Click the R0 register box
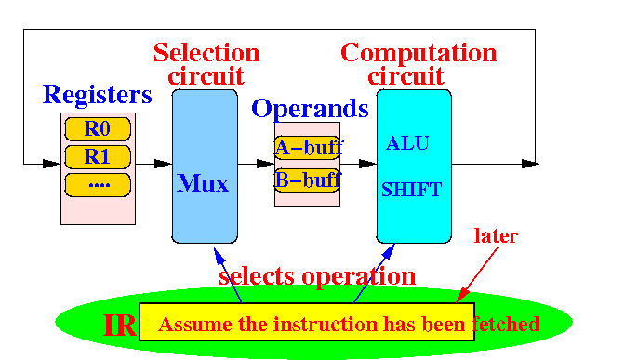click(98, 129)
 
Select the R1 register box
click(98, 157)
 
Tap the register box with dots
click(98, 185)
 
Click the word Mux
click(203, 183)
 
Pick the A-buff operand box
click(307, 148)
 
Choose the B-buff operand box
click(307, 180)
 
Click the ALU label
click(407, 143)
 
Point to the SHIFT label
click(411, 190)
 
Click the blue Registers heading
click(98, 95)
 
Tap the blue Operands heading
click(310, 109)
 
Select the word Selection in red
click(206, 53)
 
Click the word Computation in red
click(419, 53)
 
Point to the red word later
click(496, 235)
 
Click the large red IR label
click(120, 326)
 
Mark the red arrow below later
click(477, 275)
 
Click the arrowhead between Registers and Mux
click(163, 164)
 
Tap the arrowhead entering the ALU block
click(367, 164)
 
